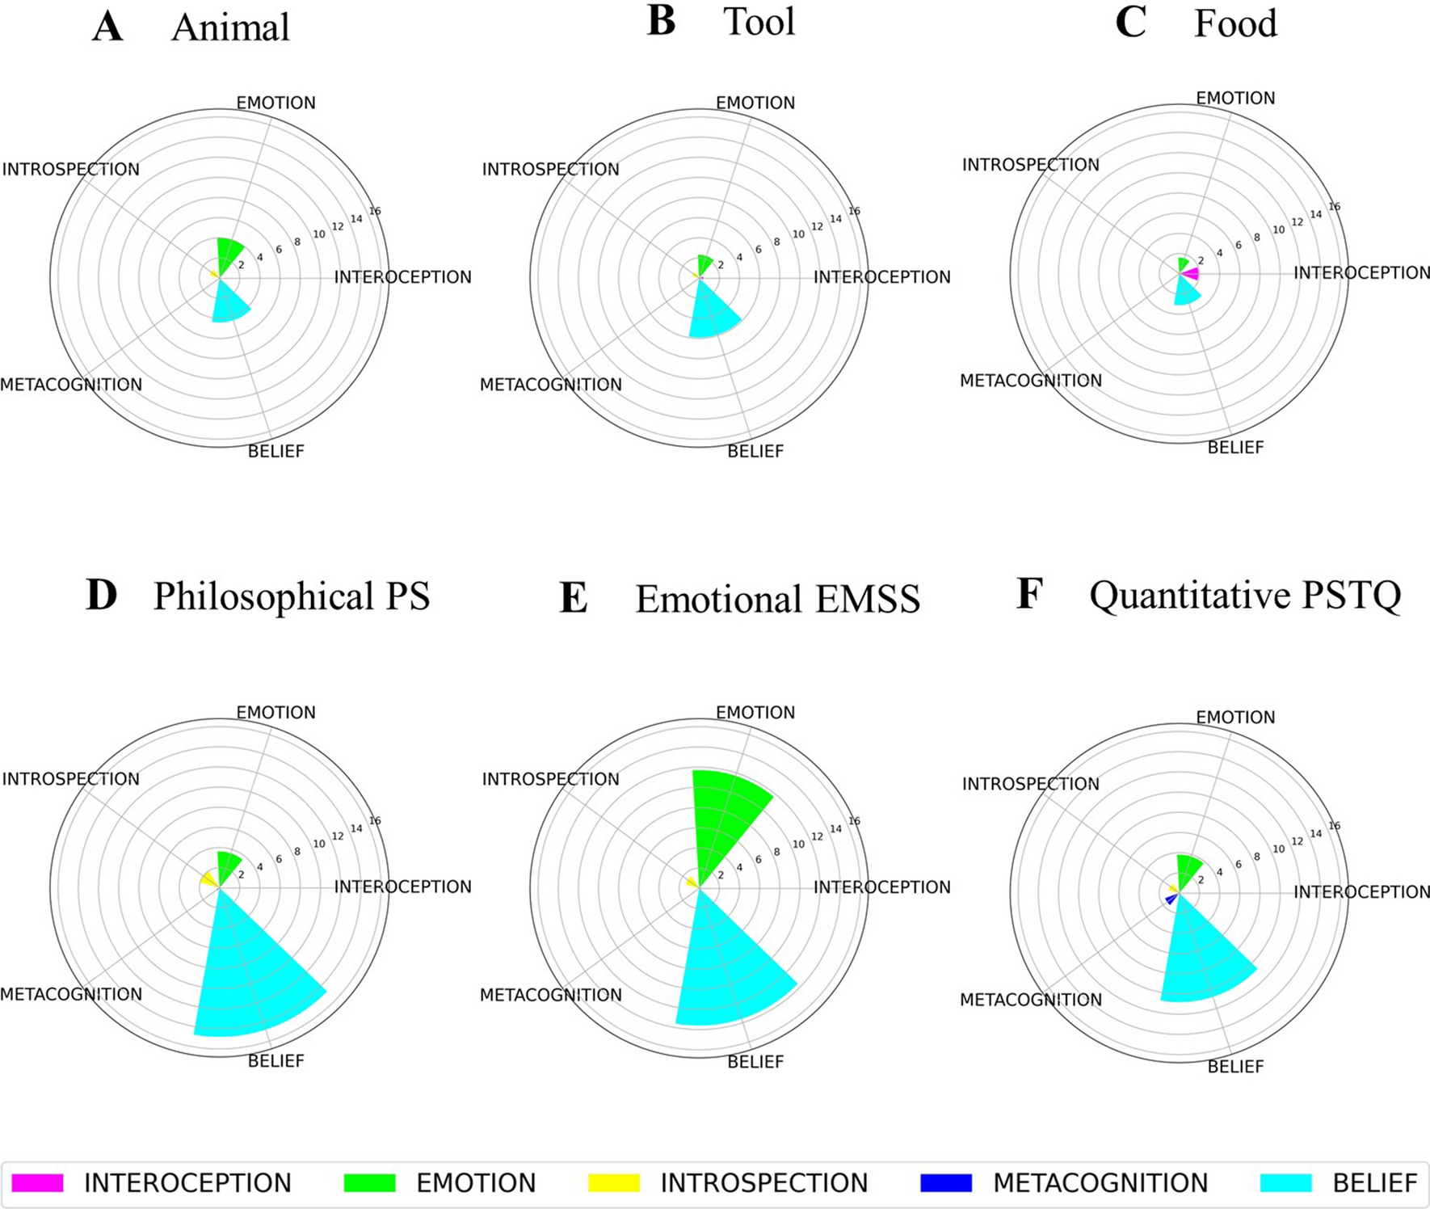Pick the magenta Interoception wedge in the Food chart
[x=1191, y=276]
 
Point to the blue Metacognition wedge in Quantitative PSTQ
[x=1170, y=899]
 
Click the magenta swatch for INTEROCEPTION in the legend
[x=37, y=1183]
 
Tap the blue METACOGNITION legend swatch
[x=945, y=1183]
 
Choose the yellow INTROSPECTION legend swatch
[x=613, y=1183]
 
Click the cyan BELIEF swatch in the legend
[x=1285, y=1183]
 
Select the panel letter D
[x=102, y=596]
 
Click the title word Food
[x=1235, y=23]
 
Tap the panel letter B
[x=661, y=21]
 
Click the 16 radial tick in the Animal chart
[x=375, y=211]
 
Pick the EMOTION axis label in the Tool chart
[x=755, y=103]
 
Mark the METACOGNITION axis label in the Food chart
[x=1030, y=381]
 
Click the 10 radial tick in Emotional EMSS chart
[x=798, y=844]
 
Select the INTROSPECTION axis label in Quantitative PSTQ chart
[x=1030, y=784]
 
